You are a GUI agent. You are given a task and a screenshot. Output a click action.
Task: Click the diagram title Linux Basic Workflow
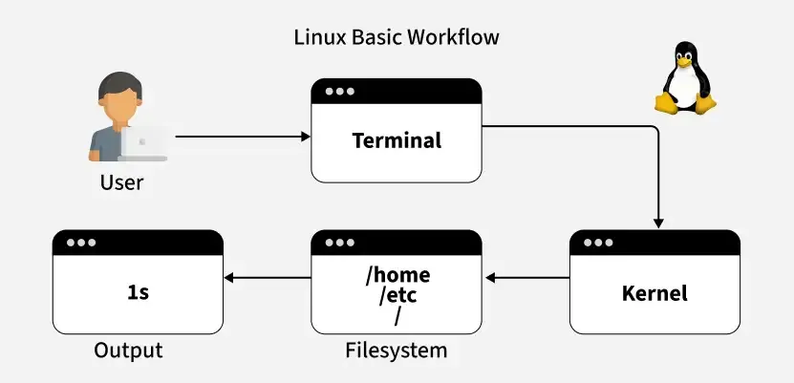point(397,38)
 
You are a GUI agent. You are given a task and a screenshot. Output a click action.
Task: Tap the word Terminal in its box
point(397,140)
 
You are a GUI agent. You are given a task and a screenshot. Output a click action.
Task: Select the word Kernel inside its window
point(655,292)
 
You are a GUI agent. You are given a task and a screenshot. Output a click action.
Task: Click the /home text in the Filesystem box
point(397,275)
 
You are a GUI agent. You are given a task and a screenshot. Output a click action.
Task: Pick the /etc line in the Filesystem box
point(397,294)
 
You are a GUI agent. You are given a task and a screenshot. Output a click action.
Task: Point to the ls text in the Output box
point(138,292)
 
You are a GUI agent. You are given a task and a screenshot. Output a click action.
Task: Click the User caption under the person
point(121,181)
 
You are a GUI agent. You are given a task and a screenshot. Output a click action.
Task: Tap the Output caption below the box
point(128,351)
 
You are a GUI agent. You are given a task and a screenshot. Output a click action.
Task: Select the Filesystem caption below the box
point(396,351)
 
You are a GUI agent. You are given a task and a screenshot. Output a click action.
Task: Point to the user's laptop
point(144,143)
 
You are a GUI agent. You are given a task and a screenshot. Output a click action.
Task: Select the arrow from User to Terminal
point(243,137)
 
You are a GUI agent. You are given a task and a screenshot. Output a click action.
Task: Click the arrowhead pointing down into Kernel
point(656,222)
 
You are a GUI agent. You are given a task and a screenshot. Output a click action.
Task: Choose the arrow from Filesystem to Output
point(268,279)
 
